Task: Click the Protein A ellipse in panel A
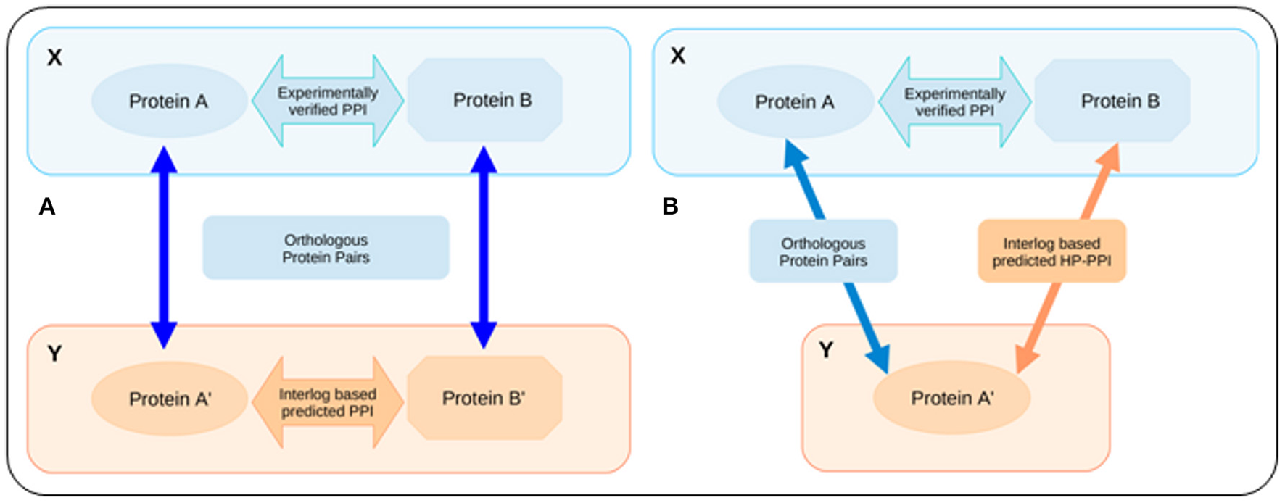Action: click(x=169, y=101)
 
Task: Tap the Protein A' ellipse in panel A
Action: click(x=169, y=399)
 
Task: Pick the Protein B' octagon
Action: click(x=484, y=398)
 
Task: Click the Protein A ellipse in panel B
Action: click(x=795, y=101)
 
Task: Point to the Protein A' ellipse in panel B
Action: click(x=951, y=398)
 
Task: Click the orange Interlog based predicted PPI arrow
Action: click(x=328, y=402)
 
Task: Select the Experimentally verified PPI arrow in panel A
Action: click(x=328, y=101)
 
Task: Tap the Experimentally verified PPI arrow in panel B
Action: click(x=954, y=102)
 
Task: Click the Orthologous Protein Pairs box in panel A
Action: click(x=326, y=248)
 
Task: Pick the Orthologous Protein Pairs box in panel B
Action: click(x=823, y=251)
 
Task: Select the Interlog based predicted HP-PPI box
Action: click(x=1051, y=251)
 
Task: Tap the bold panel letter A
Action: click(x=47, y=207)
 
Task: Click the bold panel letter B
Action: click(x=670, y=207)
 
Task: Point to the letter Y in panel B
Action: click(x=825, y=351)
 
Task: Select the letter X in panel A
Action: click(x=54, y=57)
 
